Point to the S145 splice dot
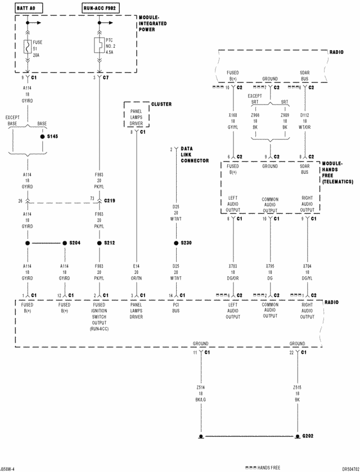click(x=42, y=136)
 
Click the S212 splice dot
click(x=99, y=242)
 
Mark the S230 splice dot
click(x=175, y=242)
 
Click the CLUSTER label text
click(x=161, y=104)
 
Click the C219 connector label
click(x=110, y=200)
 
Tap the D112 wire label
click(x=304, y=115)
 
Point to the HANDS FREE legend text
click(x=269, y=467)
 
